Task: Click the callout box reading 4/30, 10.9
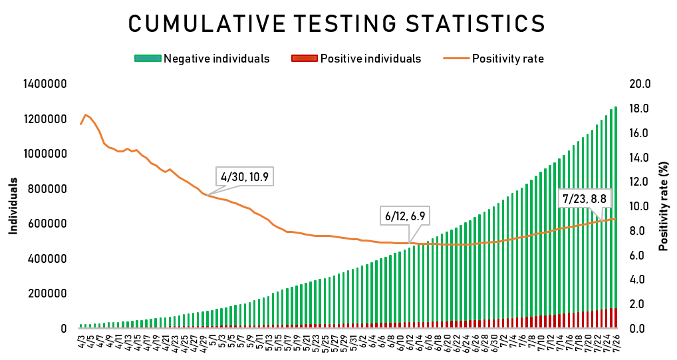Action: coord(246,177)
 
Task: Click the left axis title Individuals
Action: coord(13,206)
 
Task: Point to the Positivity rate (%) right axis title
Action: coord(663,206)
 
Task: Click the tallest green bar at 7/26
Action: coord(616,200)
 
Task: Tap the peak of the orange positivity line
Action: coord(86,115)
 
